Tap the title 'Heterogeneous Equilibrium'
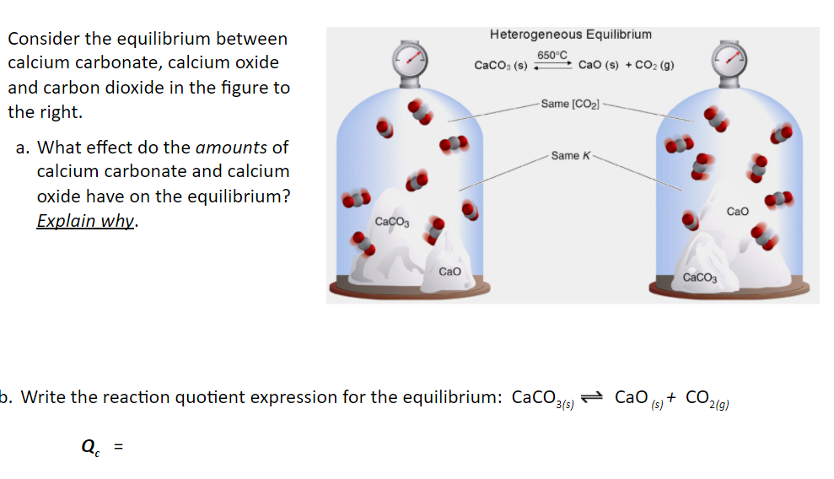[570, 35]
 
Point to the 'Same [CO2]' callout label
[570, 104]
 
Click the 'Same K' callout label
[571, 155]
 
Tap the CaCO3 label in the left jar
[391, 222]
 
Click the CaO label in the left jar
[449, 272]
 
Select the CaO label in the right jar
[737, 212]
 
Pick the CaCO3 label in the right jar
[700, 277]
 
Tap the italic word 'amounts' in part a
[230, 148]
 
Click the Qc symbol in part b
[89, 448]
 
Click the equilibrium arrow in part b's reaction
[594, 397]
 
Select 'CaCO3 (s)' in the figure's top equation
[501, 65]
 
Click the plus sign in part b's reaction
[672, 397]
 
